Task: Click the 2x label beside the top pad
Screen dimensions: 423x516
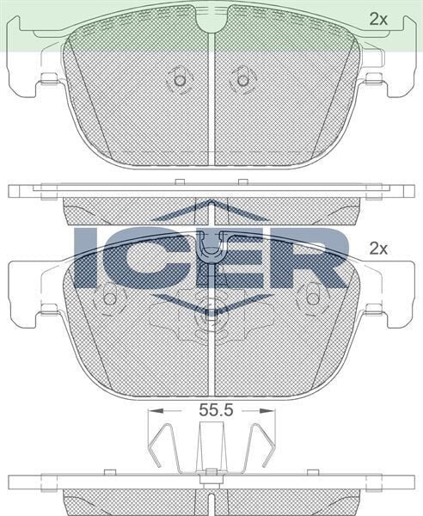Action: (x=378, y=20)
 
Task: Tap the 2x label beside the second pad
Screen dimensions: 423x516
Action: (x=378, y=249)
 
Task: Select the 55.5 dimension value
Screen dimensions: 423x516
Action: (x=216, y=410)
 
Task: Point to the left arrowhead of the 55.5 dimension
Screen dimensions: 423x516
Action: (x=156, y=411)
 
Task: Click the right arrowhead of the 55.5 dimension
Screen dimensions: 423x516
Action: (x=267, y=411)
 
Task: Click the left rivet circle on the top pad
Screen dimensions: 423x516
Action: (x=180, y=80)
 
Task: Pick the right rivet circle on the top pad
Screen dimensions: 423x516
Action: (x=243, y=80)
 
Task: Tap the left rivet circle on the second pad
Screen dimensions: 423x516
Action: (x=110, y=298)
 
